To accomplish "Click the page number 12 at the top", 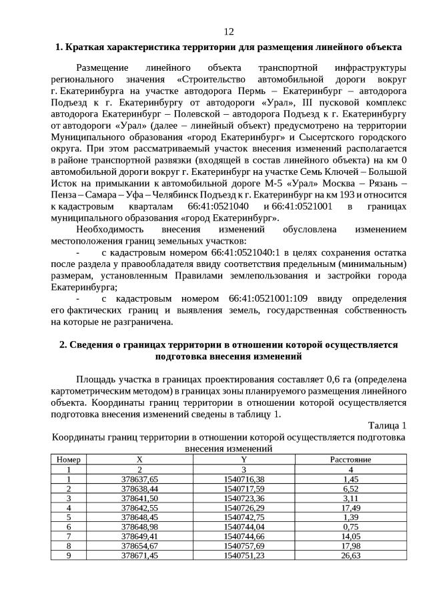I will pyautogui.click(x=228, y=31).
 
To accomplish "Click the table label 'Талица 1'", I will pyautogui.click(x=387, y=426).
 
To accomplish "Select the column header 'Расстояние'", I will pyautogui.click(x=350, y=460).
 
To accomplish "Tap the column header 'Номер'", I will pyautogui.click(x=69, y=460).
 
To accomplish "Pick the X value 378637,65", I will pyautogui.click(x=139, y=479).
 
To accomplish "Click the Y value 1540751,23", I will pyautogui.click(x=244, y=555).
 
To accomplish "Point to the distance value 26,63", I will pyautogui.click(x=351, y=555).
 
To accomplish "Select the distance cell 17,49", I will pyautogui.click(x=351, y=508).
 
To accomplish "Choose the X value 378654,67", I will pyautogui.click(x=139, y=546).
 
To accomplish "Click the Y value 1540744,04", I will pyautogui.click(x=244, y=527).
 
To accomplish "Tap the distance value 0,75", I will pyautogui.click(x=351, y=527).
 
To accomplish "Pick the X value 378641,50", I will pyautogui.click(x=139, y=499).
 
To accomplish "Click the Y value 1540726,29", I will pyautogui.click(x=244, y=508).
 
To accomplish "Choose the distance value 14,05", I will pyautogui.click(x=351, y=536).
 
